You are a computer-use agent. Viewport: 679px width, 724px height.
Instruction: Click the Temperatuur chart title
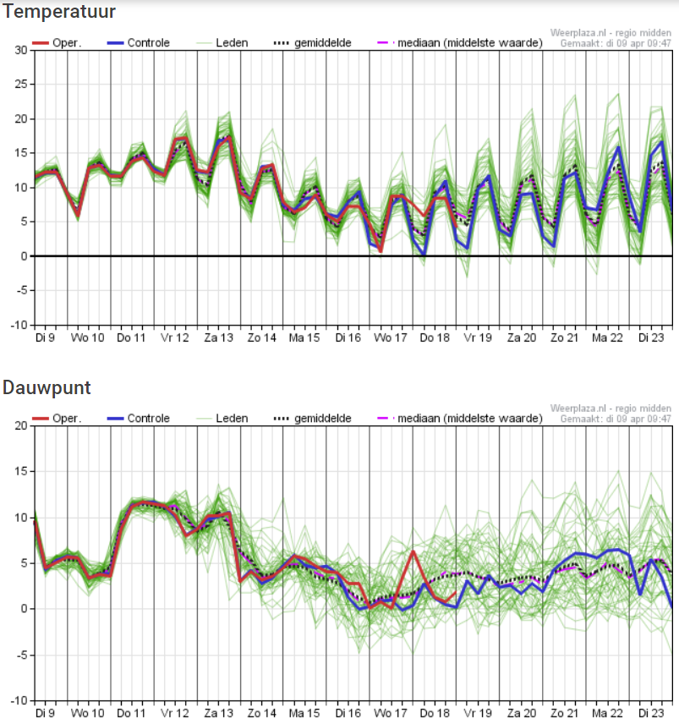[x=58, y=11]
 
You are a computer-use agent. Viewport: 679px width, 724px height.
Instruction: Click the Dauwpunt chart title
[x=47, y=388]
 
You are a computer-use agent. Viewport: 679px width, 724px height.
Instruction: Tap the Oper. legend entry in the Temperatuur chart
[x=57, y=43]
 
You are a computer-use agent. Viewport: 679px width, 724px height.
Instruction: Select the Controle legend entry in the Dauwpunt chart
[x=139, y=419]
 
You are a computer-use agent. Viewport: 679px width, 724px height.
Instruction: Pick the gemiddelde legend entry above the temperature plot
[x=313, y=43]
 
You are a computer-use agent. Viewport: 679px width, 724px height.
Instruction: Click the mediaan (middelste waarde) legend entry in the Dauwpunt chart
[x=460, y=419]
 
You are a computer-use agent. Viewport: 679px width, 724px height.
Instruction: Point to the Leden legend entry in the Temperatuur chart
[x=223, y=43]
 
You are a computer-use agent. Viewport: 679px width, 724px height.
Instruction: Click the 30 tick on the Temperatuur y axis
[x=21, y=50]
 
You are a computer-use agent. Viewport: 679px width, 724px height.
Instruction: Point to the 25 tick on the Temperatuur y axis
[x=21, y=84]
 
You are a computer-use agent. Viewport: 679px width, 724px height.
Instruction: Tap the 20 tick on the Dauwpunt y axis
[x=21, y=425]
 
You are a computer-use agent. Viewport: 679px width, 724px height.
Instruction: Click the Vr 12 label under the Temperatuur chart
[x=175, y=338]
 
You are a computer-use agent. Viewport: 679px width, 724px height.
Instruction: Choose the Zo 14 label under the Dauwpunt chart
[x=262, y=713]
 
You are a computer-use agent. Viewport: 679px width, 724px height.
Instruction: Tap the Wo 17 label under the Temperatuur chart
[x=391, y=338]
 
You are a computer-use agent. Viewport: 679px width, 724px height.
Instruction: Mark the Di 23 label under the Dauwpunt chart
[x=651, y=713]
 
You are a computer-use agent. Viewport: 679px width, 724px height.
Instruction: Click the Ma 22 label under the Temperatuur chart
[x=607, y=338]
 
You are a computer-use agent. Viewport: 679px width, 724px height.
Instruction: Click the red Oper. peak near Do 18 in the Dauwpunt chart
[x=413, y=551]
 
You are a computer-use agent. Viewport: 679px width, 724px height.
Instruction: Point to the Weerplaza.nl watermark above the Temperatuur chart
[x=611, y=33]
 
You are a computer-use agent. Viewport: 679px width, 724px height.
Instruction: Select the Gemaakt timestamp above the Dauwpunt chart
[x=616, y=419]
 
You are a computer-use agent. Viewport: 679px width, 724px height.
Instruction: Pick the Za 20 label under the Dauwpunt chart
[x=522, y=713]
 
